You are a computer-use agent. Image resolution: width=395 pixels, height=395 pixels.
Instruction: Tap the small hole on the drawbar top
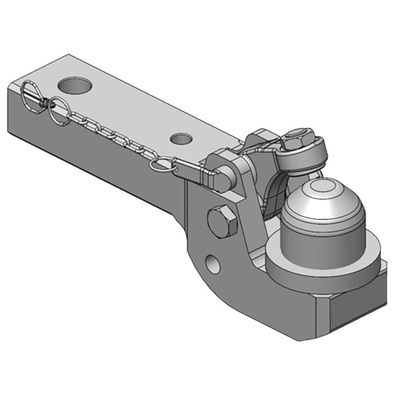pyautogui.click(x=181, y=139)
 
